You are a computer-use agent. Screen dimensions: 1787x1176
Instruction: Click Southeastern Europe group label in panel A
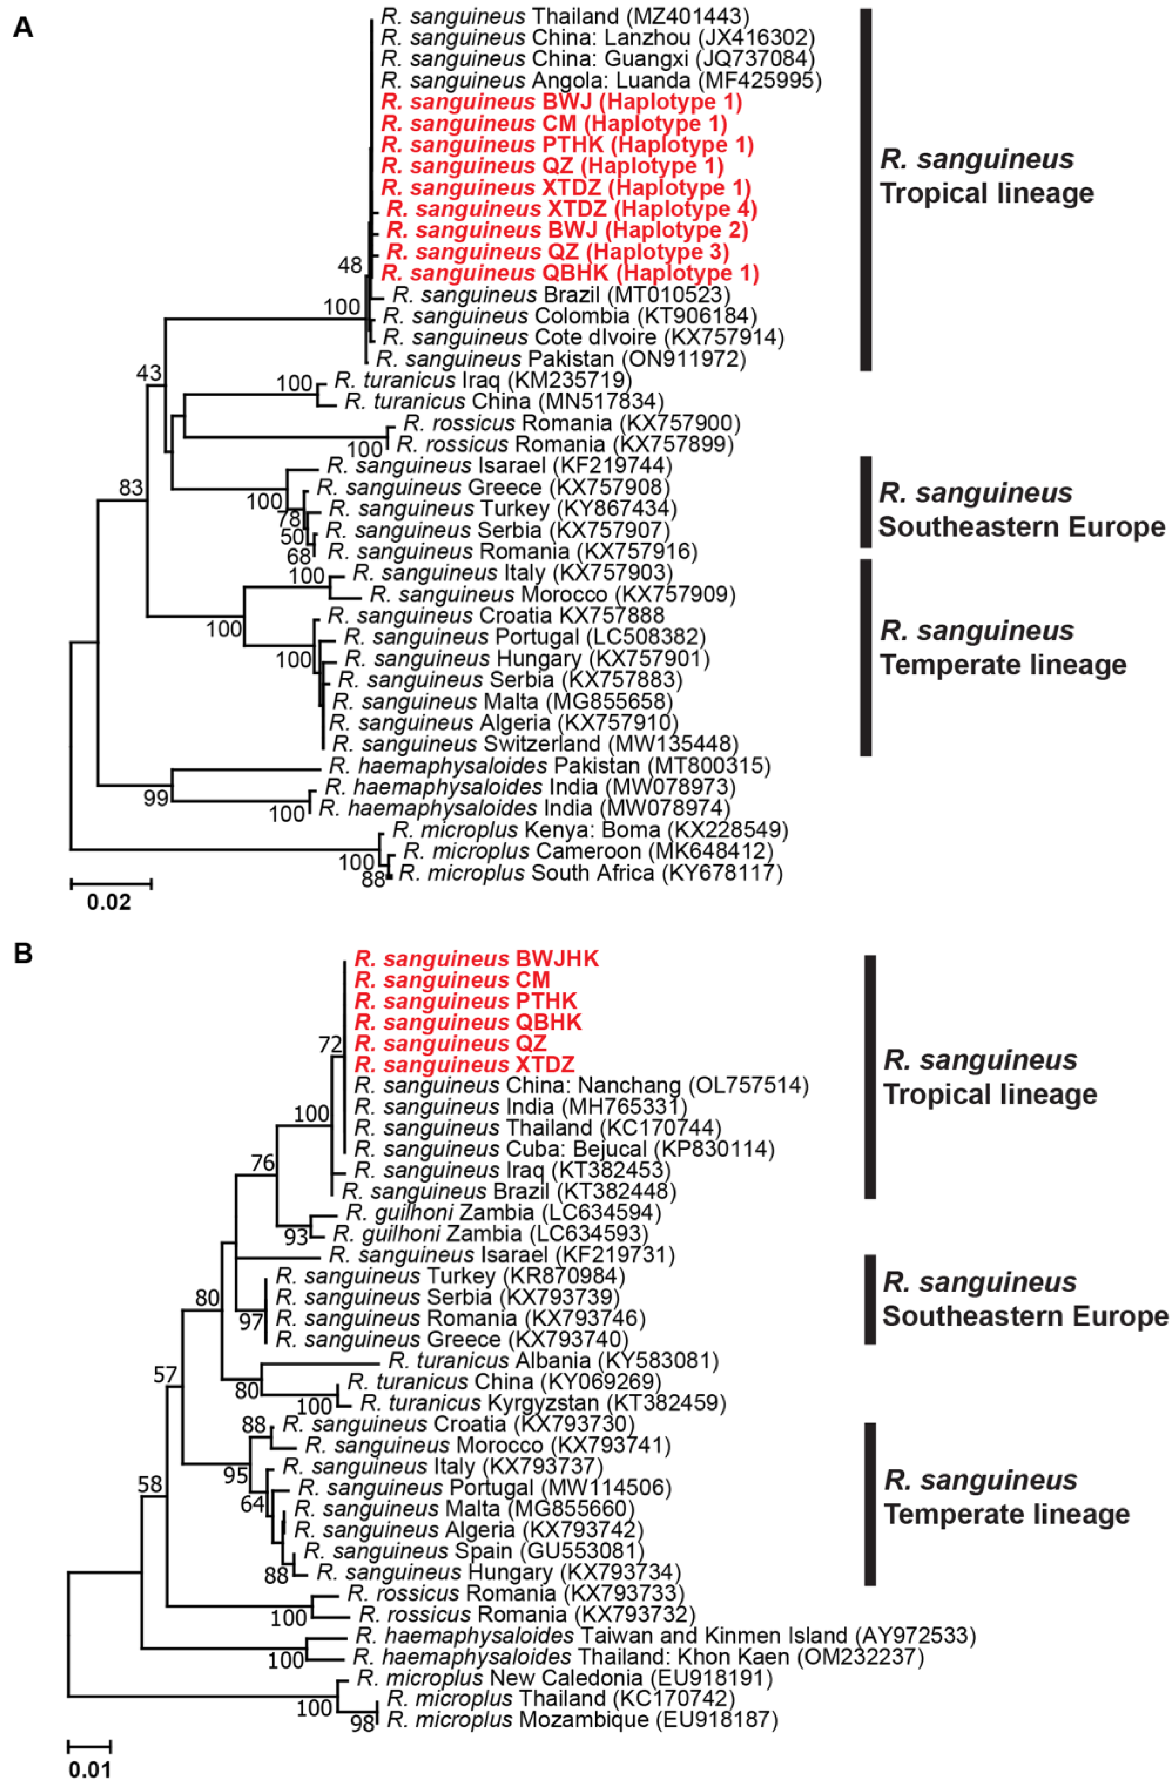tap(1021, 527)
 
